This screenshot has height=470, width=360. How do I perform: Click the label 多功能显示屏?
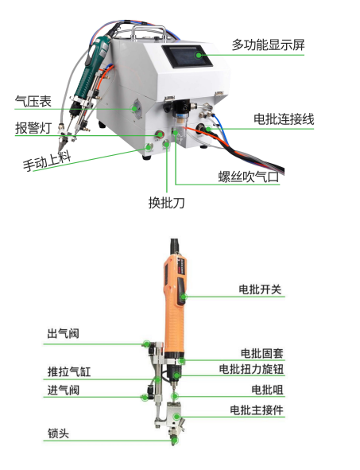pos(268,45)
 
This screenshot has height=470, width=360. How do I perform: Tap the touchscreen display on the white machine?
pos(187,56)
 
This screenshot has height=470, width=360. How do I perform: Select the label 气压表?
pos(33,101)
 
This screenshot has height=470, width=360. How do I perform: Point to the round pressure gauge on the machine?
pos(137,109)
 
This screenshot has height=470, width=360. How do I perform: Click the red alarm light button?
pos(159,134)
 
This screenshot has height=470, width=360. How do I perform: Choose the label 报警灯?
pos(33,128)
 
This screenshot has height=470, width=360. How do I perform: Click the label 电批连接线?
pos(284,119)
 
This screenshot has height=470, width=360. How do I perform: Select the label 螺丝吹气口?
pos(249,177)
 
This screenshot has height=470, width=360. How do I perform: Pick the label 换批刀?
pos(167,203)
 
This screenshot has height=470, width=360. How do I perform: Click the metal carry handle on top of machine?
pos(149,32)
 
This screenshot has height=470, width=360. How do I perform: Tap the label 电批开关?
pos(260,289)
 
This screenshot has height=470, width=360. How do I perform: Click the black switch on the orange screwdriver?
pos(181,291)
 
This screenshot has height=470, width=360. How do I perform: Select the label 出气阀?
pos(64,333)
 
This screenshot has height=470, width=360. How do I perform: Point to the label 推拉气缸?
pos(69,371)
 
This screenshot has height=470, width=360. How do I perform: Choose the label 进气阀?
pos(64,390)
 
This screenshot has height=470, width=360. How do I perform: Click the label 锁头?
pos(58,433)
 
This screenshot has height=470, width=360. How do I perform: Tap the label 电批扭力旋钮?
pos(251,369)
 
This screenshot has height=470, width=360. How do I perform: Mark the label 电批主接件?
pos(257,410)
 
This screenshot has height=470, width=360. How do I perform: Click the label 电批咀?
pos(268,390)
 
